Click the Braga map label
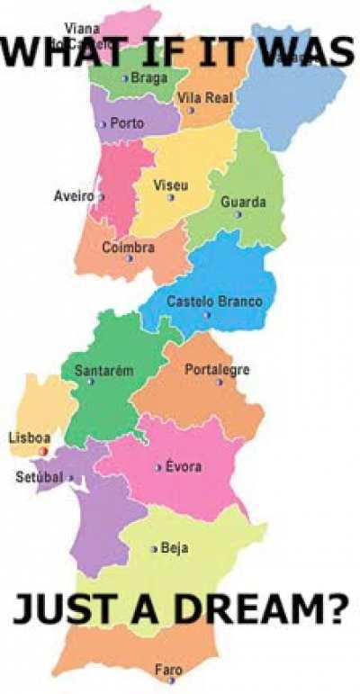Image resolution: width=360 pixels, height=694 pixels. tap(149, 78)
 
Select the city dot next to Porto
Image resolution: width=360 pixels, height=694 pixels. tap(104, 124)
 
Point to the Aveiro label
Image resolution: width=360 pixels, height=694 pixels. tap(73, 195)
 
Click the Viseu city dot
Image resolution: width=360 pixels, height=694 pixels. tap(171, 197)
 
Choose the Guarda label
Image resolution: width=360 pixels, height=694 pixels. tap(243, 203)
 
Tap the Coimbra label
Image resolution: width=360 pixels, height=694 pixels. tap(128, 247)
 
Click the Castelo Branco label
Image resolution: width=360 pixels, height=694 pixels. tap(215, 302)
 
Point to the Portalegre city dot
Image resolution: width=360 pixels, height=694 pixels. tap(219, 382)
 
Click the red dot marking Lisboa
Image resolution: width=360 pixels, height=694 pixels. tap(43, 450)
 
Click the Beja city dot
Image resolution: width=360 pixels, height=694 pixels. tap(154, 548)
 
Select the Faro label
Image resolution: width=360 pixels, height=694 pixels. tap(168, 670)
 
